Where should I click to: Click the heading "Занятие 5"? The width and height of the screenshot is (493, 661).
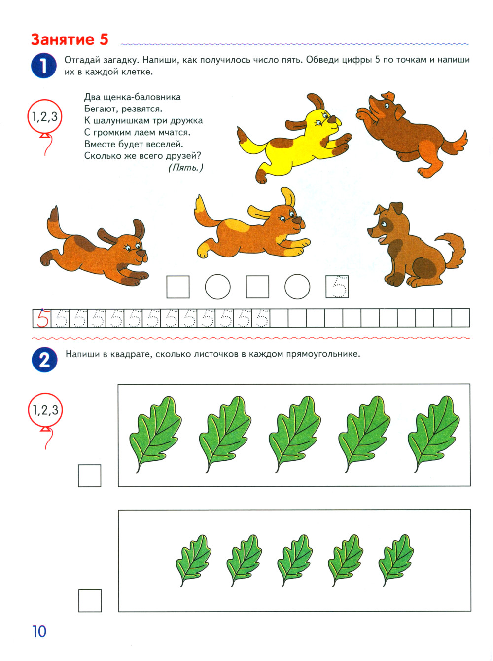[x=70, y=40]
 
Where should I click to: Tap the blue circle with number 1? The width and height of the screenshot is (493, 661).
[x=44, y=66]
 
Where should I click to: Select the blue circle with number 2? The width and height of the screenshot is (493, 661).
[x=44, y=360]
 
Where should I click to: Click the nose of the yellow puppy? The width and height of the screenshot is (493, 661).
[x=332, y=119]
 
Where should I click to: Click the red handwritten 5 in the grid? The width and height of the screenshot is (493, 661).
[x=42, y=318]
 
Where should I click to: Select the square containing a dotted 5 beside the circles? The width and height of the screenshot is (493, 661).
[x=337, y=287]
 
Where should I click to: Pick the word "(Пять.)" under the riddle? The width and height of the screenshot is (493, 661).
[x=185, y=167]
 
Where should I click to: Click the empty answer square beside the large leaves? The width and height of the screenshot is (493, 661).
[x=90, y=476]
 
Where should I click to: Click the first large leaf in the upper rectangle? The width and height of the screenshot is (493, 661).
[x=155, y=434]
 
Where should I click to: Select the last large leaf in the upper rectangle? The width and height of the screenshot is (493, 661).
[x=434, y=434]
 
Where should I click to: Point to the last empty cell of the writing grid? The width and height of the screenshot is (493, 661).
[x=460, y=318]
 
